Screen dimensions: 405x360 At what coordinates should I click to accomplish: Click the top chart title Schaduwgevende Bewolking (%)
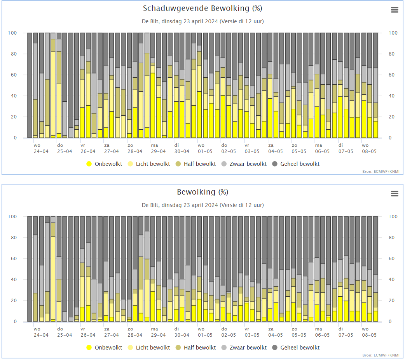pyautogui.click(x=202, y=9)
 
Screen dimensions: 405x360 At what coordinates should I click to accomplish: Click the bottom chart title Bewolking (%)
pyautogui.click(x=202, y=192)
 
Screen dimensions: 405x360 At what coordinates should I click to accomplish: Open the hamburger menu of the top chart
pyautogui.click(x=395, y=10)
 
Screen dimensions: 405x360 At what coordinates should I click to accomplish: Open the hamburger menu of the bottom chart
pyautogui.click(x=395, y=193)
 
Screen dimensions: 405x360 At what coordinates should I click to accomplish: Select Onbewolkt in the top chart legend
pyautogui.click(x=104, y=164)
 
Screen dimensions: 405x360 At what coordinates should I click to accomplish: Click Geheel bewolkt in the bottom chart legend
pyautogui.click(x=296, y=348)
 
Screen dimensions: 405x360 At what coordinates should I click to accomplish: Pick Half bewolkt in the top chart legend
pyautogui.click(x=196, y=164)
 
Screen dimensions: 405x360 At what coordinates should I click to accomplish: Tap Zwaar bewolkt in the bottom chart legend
pyautogui.click(x=244, y=348)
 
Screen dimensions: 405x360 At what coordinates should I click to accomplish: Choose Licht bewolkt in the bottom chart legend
pyautogui.click(x=149, y=348)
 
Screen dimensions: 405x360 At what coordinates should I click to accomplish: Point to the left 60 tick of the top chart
pyautogui.click(x=14, y=75)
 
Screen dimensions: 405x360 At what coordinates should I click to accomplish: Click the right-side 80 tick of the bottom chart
pyautogui.click(x=391, y=237)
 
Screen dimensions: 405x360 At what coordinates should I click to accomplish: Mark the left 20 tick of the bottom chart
pyautogui.click(x=14, y=300)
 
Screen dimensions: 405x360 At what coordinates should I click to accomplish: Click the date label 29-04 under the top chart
pyautogui.click(x=158, y=151)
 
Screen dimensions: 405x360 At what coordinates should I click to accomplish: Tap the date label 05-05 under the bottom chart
pyautogui.click(x=299, y=335)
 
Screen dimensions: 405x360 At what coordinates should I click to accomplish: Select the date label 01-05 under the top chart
pyautogui.click(x=205, y=151)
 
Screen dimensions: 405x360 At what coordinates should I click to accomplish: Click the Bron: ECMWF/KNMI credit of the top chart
pyautogui.click(x=381, y=171)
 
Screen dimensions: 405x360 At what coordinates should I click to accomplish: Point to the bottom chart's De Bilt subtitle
pyautogui.click(x=203, y=205)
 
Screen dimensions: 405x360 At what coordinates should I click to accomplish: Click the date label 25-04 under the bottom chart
pyautogui.click(x=65, y=335)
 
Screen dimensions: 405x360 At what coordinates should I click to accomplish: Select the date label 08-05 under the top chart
pyautogui.click(x=369, y=151)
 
